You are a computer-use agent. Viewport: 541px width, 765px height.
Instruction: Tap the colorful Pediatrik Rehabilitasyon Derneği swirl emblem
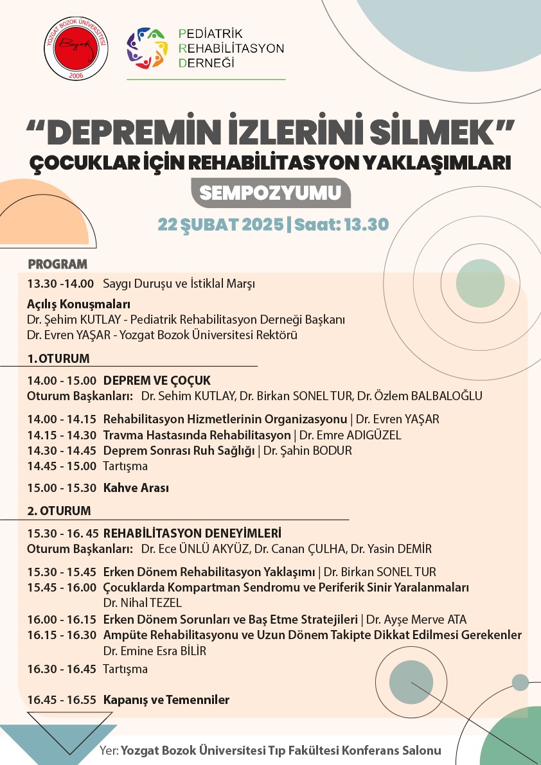coord(147,48)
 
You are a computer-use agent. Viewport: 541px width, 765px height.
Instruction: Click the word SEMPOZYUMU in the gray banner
coord(271,193)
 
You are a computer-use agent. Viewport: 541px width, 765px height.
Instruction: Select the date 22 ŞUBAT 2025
coord(220,225)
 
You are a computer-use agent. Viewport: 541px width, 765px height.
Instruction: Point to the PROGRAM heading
coord(57,264)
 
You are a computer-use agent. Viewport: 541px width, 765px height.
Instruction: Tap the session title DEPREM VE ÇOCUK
coord(157,380)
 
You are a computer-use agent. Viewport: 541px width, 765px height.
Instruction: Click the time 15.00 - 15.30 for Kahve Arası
coord(62,488)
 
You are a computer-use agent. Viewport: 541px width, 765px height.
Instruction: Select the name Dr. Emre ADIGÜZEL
coord(350,435)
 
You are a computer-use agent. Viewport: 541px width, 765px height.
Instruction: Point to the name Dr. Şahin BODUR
coord(308,451)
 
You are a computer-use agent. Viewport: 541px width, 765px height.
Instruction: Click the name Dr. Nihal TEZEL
coord(143,602)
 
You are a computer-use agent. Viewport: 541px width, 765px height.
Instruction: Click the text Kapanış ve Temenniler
coord(166,699)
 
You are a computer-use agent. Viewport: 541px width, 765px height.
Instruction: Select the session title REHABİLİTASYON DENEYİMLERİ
coord(192,533)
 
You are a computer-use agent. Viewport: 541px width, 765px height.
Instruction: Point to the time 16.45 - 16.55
coord(62,699)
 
